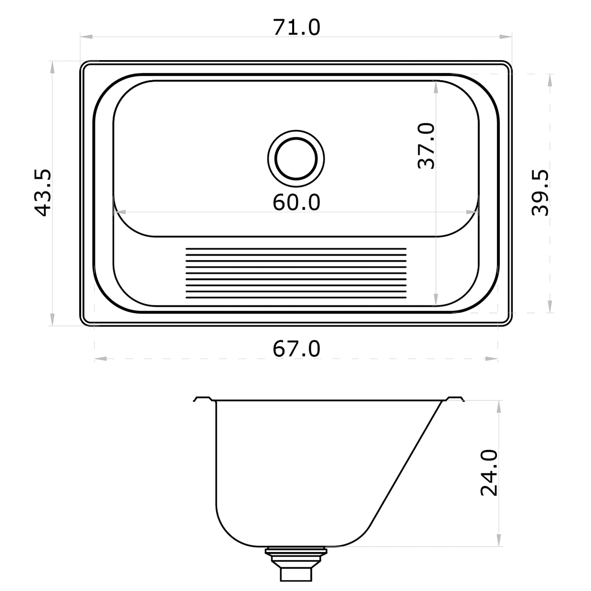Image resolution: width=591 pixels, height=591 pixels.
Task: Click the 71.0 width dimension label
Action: coord(296,27)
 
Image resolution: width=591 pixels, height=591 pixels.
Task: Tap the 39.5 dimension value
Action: coord(540,193)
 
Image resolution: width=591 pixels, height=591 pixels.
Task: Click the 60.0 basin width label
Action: coord(296,202)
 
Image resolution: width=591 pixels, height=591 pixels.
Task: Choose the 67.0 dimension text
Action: coord(296,349)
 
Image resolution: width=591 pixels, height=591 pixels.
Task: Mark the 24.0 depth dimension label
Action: coord(490,472)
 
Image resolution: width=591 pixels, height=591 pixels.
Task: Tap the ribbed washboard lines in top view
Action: coord(296,273)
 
